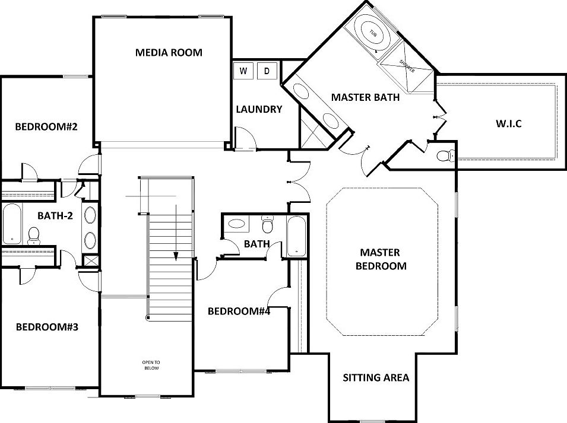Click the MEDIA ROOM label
(x=169, y=52)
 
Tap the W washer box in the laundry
(x=243, y=71)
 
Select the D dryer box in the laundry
(x=267, y=71)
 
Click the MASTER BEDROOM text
(x=381, y=259)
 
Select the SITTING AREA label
(x=376, y=377)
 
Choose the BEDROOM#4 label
(x=239, y=311)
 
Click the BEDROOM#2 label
(x=47, y=126)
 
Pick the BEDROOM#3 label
(x=47, y=326)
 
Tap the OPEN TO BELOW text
(x=151, y=365)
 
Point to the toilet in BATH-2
(x=33, y=236)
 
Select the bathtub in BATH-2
(x=12, y=224)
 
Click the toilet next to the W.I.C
(x=444, y=157)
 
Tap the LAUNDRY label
(x=259, y=109)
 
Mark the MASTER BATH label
(x=365, y=97)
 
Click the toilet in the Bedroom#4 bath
(x=267, y=225)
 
